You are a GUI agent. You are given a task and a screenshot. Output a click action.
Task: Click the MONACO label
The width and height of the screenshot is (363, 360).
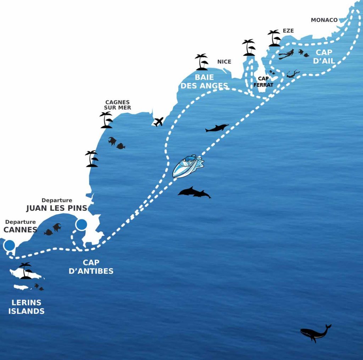tap(324, 20)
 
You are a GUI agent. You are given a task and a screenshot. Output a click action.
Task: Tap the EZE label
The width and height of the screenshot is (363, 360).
tap(288, 31)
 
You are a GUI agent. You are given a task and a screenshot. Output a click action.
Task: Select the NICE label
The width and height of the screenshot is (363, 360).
tap(224, 62)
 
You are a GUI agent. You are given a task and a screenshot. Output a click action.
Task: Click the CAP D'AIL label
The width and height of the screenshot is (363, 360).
tap(324, 56)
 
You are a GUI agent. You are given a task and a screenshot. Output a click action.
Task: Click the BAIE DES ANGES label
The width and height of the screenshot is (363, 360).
tap(205, 81)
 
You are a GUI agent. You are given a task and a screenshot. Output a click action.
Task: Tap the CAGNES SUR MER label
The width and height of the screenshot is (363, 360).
tap(117, 105)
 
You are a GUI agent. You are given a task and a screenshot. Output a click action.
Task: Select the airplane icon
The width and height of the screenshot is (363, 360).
tap(158, 122)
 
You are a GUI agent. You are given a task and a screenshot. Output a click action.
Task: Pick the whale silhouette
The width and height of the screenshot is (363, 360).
tap(315, 333)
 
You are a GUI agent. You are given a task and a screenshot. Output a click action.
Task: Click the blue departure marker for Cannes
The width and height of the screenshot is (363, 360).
tap(9, 245)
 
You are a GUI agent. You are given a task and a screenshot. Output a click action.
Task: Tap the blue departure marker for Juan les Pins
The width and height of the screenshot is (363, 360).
tap(81, 224)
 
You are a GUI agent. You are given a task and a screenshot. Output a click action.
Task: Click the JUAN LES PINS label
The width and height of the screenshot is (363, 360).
tap(56, 208)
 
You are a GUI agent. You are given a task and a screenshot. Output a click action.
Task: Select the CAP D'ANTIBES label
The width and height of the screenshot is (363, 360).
tap(91, 267)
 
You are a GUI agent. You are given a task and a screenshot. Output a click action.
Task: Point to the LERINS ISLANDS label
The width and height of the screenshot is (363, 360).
tap(27, 307)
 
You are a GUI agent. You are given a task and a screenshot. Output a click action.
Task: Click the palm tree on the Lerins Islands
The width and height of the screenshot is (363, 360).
tap(26, 270)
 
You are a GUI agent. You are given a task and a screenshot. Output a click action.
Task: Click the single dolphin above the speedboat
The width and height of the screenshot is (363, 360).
tap(217, 128)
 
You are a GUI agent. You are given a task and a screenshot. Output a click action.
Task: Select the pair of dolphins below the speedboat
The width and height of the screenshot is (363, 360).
tap(194, 192)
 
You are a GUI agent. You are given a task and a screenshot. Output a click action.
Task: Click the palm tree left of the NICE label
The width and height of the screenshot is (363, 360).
tap(202, 62)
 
